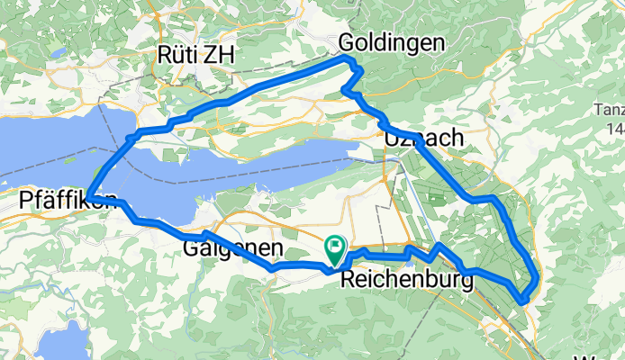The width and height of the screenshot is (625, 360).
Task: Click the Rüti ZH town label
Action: click(x=195, y=54)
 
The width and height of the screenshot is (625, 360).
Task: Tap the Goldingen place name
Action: click(x=392, y=42)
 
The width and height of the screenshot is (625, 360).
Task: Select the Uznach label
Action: click(x=423, y=139)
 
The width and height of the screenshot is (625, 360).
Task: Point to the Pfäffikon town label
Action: click(x=68, y=202)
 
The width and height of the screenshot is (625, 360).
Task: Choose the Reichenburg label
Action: click(x=408, y=281)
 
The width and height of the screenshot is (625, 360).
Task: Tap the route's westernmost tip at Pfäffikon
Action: click(x=89, y=197)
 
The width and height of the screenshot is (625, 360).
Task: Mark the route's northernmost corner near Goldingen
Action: click(x=349, y=58)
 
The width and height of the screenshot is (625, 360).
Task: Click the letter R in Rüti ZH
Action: click(x=166, y=54)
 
